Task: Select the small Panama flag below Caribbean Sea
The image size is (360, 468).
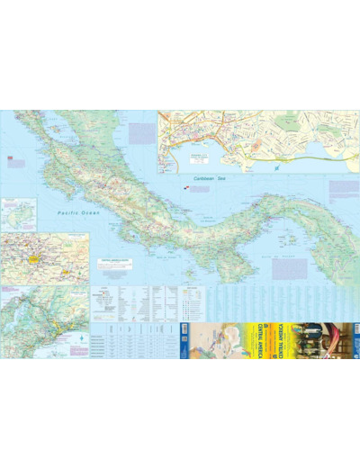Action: [x=187, y=189]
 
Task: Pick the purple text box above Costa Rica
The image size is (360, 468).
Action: [x=140, y=132]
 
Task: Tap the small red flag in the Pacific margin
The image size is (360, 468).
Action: [x=10, y=157]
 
